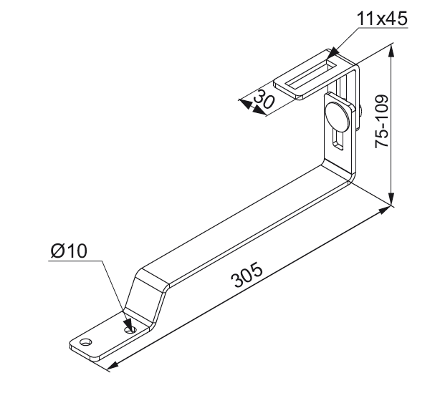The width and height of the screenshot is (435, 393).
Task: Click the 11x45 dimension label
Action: (x=382, y=19)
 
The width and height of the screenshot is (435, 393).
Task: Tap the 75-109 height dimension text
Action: (x=382, y=121)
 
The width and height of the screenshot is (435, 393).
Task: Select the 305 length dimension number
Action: (x=247, y=275)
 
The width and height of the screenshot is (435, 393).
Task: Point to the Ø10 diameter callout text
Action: (x=69, y=251)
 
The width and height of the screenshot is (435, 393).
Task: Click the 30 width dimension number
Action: (x=264, y=99)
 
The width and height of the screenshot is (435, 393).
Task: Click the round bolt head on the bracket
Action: (x=338, y=116)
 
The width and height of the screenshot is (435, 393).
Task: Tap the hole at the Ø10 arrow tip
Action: (x=130, y=329)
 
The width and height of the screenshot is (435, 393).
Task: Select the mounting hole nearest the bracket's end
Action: (x=86, y=341)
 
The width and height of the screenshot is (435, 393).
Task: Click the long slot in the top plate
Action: (x=310, y=75)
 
